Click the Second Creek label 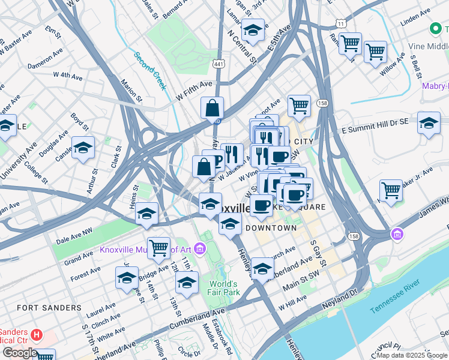(x=150, y=70)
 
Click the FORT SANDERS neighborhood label (x=49, y=308)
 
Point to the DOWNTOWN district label (x=270, y=229)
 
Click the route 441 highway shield (x=218, y=63)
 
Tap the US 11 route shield (x=340, y=23)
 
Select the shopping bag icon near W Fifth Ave (x=212, y=109)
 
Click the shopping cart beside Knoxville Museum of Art (x=158, y=247)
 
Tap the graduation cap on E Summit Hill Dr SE (x=428, y=123)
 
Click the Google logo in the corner (x=20, y=353)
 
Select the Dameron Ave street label (x=45, y=57)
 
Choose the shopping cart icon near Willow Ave (x=375, y=52)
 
